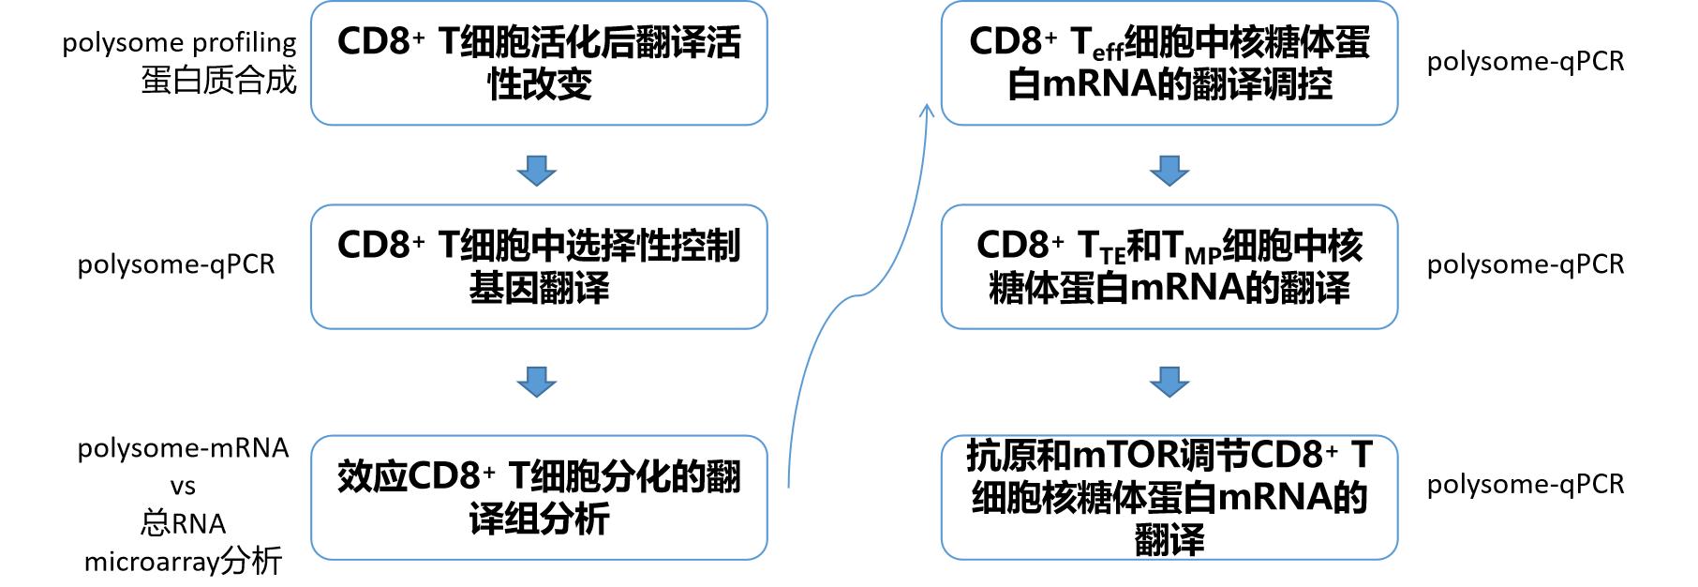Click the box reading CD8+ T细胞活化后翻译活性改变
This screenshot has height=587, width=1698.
(x=539, y=63)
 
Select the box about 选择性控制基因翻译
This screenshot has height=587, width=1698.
(x=539, y=266)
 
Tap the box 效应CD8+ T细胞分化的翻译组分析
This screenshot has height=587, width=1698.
(x=539, y=497)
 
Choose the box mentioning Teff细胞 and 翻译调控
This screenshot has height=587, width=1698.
(x=1169, y=63)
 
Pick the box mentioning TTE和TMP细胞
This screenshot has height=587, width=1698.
(x=1169, y=266)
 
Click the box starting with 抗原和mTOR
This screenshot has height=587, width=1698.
(x=1169, y=497)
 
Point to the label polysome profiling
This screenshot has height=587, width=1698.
(x=179, y=42)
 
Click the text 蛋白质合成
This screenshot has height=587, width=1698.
(x=218, y=81)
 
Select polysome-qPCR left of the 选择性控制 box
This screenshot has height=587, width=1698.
(x=176, y=264)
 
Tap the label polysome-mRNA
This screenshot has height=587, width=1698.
(x=183, y=448)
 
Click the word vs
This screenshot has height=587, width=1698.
(x=183, y=487)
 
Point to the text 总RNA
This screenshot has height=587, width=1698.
(x=183, y=523)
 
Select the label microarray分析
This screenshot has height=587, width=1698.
(x=183, y=562)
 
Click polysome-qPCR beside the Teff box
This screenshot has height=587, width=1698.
(x=1525, y=62)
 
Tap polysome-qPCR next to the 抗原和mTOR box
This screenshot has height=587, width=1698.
(x=1525, y=484)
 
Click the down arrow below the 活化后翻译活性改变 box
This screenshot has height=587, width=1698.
(x=537, y=171)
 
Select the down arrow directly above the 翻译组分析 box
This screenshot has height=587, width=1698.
(x=537, y=382)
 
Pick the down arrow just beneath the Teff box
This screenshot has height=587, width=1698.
(x=1169, y=171)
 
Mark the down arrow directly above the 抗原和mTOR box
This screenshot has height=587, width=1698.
(x=1169, y=382)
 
